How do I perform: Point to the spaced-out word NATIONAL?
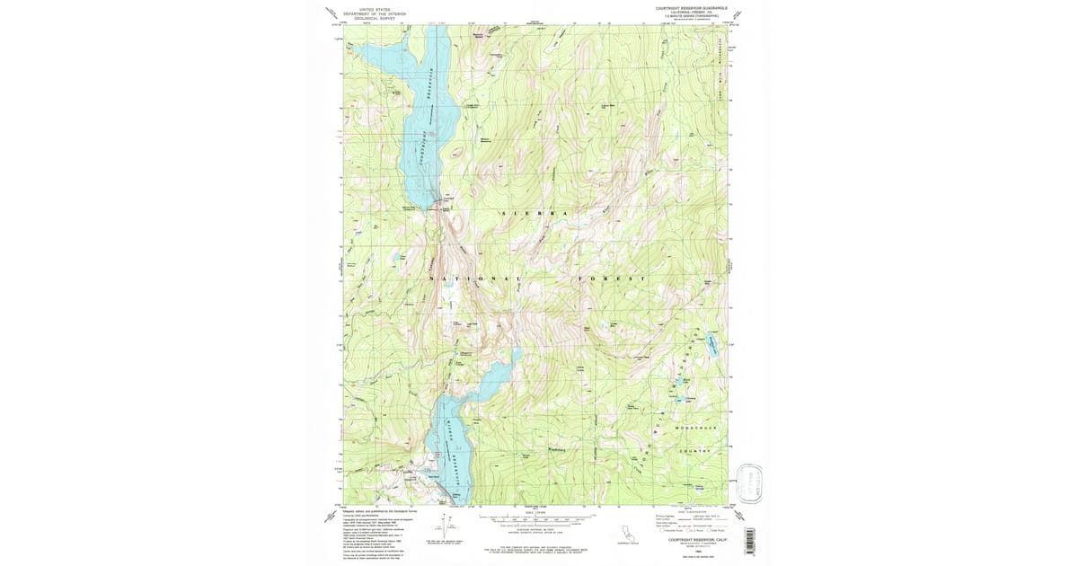point(476,279)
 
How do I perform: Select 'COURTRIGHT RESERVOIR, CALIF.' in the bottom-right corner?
point(693,539)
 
